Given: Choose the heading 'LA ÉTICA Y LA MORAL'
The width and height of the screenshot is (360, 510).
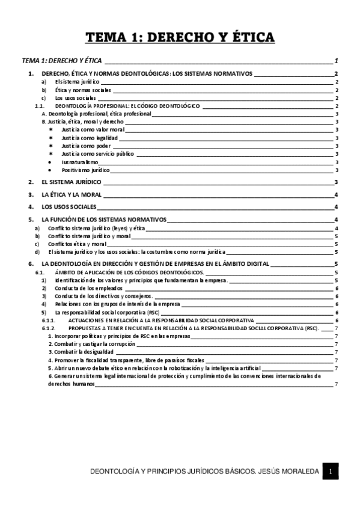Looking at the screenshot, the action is coord(72,195).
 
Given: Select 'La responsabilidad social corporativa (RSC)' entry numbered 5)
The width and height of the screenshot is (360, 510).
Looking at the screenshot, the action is coord(107,313).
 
